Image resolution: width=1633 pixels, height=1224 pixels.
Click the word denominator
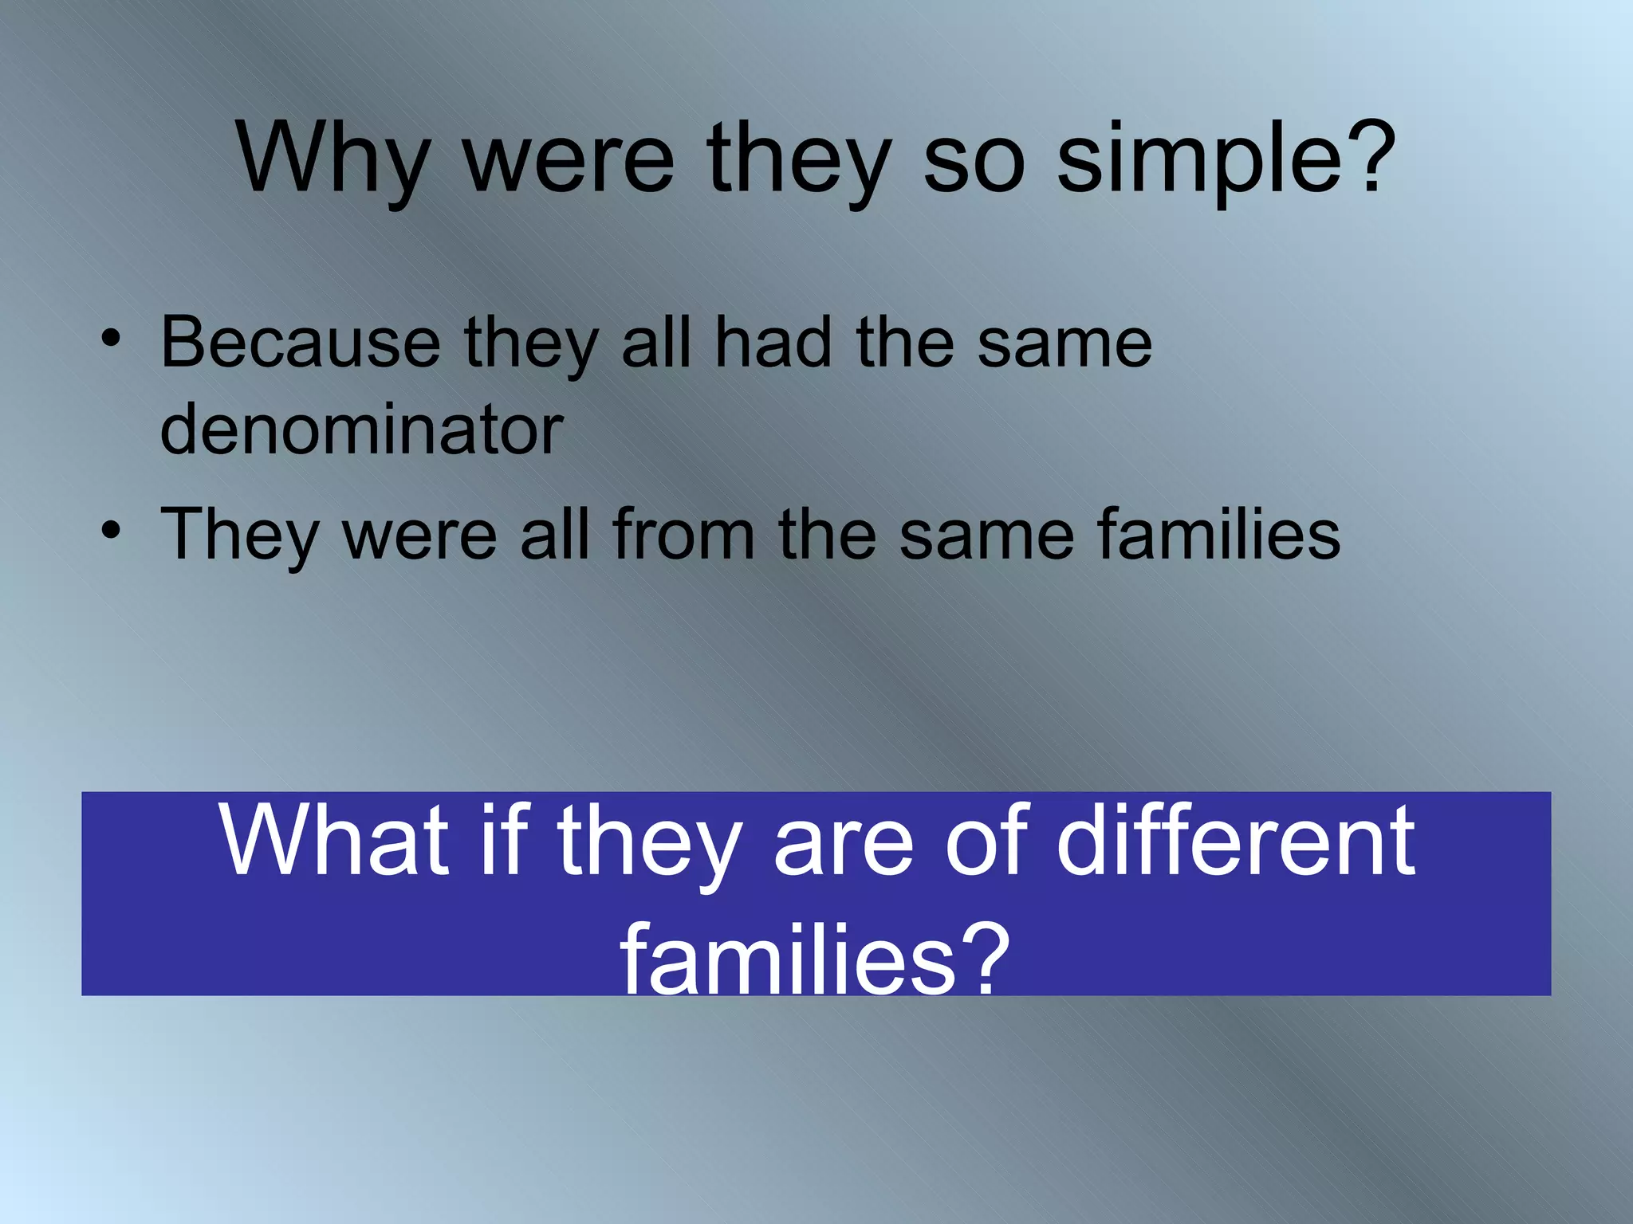coord(361,430)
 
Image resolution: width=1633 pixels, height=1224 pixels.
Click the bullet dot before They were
coord(111,529)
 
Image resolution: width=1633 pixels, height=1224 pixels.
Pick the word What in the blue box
coord(335,841)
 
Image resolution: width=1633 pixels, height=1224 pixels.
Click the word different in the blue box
coord(1235,841)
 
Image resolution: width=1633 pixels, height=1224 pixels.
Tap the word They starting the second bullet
coord(239,535)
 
